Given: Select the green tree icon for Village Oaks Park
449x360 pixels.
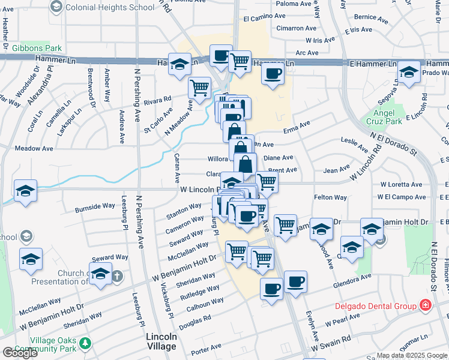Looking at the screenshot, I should click(x=86, y=343).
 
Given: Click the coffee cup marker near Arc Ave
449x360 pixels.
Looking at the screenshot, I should click(x=273, y=74).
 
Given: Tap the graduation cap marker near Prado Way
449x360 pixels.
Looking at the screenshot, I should click(x=409, y=72).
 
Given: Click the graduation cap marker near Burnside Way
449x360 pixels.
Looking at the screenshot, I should click(x=26, y=190).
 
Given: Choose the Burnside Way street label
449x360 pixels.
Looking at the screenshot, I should click(x=95, y=208).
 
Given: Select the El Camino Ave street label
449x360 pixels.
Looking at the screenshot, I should click(x=262, y=19).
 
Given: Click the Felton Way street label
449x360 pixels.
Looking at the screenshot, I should click(x=330, y=197).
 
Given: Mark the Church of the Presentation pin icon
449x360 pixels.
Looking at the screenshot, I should click(x=118, y=277).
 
